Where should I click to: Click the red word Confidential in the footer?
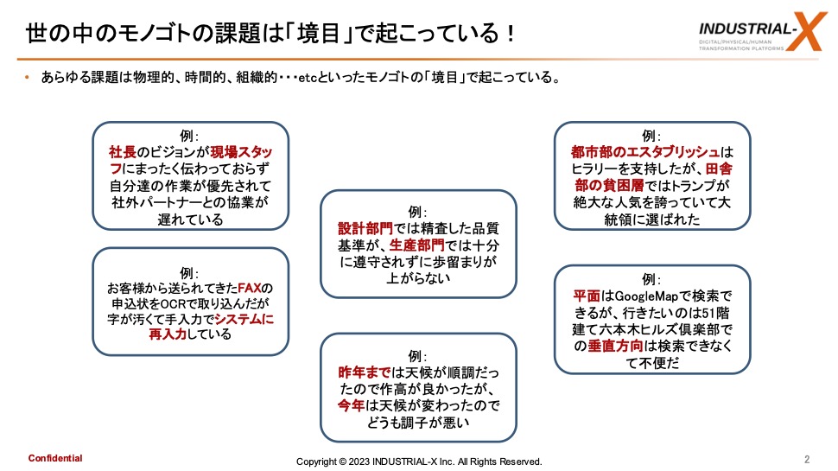pyautogui.click(x=55, y=458)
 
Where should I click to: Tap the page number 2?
pyautogui.click(x=807, y=459)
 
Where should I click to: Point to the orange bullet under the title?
pyautogui.click(x=28, y=78)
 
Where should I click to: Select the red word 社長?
pyautogui.click(x=123, y=152)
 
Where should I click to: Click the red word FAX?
pyautogui.click(x=249, y=288)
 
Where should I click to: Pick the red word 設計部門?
pyautogui.click(x=365, y=229)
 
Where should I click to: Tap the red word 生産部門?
pyautogui.click(x=417, y=245)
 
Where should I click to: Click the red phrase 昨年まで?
pyautogui.click(x=365, y=372)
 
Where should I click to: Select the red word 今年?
pyautogui.click(x=351, y=406)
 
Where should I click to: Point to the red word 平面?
pyautogui.click(x=587, y=296)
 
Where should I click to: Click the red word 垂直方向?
pyautogui.click(x=616, y=346)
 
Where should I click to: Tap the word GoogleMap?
pyautogui.click(x=647, y=296)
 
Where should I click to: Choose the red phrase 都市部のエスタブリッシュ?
pyautogui.click(x=645, y=152)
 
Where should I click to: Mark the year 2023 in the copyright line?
pyautogui.click(x=359, y=461)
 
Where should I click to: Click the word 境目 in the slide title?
pyautogui.click(x=319, y=33)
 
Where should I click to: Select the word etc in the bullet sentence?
pyautogui.click(x=308, y=78)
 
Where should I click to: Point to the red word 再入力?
pyautogui.click(x=168, y=334)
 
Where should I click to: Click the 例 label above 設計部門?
pyautogui.click(x=415, y=213)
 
